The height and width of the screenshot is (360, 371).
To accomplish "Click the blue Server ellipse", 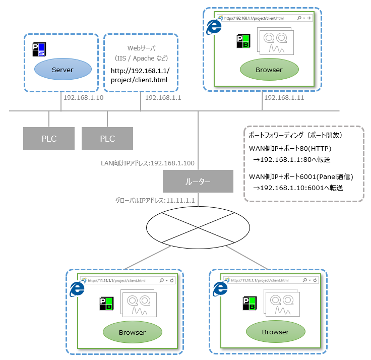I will pos(63,70).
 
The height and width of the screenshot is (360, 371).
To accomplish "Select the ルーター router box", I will pos(198,181).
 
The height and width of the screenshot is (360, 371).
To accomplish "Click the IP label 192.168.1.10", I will pos(83,98).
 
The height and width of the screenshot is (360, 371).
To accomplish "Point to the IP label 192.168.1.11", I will pos(284,98).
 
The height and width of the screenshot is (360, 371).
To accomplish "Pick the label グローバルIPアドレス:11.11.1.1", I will pos(155,200).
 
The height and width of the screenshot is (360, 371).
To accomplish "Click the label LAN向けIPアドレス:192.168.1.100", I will pos(148,163).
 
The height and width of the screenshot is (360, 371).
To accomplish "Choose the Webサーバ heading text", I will pos(140,48).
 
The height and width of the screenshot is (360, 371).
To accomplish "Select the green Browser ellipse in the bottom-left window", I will pos(132,332).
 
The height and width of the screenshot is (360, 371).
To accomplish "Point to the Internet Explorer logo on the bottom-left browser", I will pos(77,288).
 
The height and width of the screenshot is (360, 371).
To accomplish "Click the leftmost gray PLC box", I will pos(49,139).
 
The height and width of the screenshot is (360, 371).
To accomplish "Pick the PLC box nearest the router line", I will pos(107,139).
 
